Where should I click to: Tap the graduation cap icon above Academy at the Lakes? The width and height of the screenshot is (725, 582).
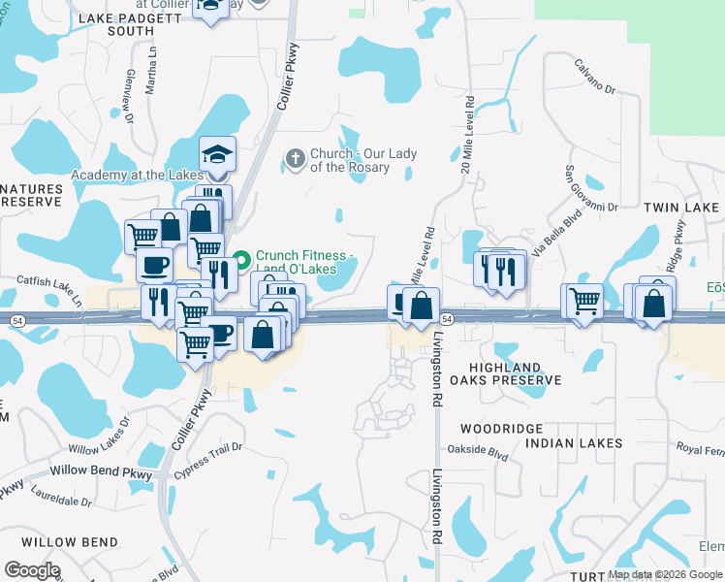point(217,153)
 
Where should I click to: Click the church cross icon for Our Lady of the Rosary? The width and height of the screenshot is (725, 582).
point(297,156)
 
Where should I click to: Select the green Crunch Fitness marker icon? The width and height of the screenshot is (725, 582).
point(242,259)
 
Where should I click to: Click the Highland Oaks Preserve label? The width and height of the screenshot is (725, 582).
point(515,373)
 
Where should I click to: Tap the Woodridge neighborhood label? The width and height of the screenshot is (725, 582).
point(494,428)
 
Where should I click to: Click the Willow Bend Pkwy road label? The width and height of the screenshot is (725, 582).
point(101,471)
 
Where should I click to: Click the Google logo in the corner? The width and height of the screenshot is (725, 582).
point(32,570)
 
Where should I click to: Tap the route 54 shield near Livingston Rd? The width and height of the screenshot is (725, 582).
point(446,318)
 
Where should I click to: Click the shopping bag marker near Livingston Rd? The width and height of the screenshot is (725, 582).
point(421,307)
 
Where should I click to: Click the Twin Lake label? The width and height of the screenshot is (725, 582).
point(681,208)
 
